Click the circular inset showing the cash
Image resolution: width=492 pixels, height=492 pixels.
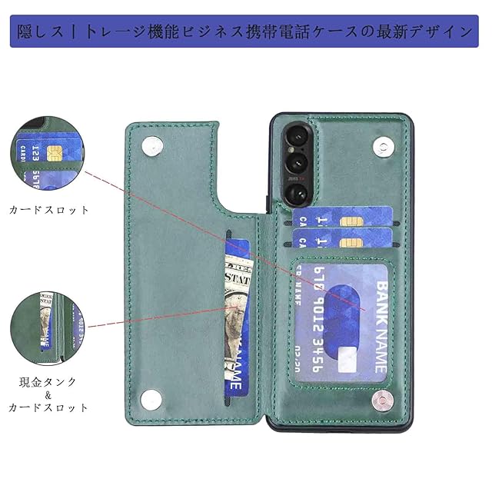pyautogui.click(x=48, y=323)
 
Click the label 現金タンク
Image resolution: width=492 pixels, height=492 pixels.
pyautogui.click(x=48, y=381)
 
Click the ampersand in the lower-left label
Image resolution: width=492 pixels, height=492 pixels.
pyautogui.click(x=48, y=394)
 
